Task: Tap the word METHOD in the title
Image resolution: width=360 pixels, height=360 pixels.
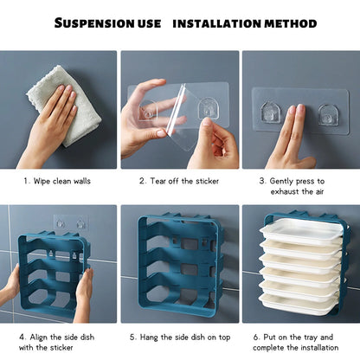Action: [290, 23]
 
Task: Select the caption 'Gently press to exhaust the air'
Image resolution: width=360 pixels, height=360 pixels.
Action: [303, 187]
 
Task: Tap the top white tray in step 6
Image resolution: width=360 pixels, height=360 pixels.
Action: [300, 232]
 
